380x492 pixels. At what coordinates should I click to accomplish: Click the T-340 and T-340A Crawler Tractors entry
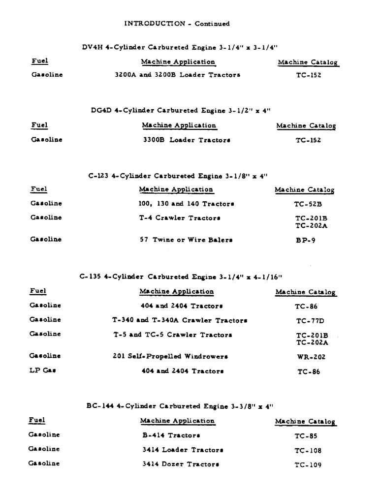179,320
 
